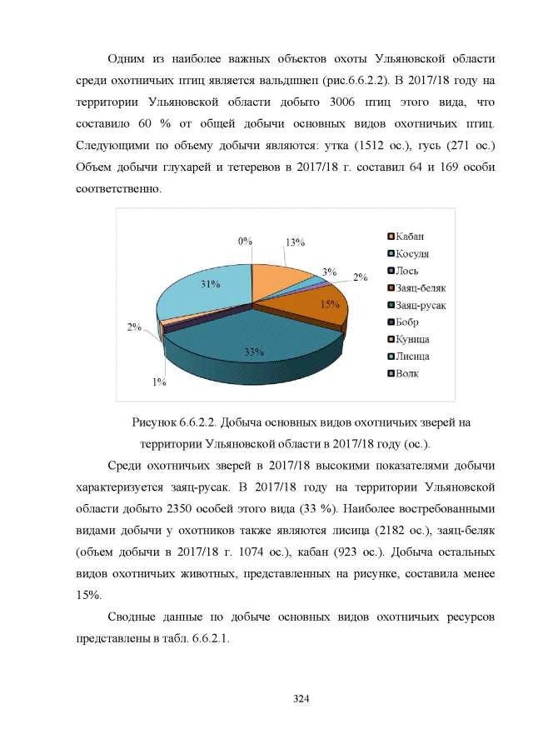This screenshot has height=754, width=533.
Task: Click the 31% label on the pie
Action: pyautogui.click(x=210, y=284)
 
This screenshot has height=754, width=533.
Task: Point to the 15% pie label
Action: pyautogui.click(x=331, y=304)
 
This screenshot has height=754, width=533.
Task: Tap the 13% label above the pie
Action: pyautogui.click(x=295, y=242)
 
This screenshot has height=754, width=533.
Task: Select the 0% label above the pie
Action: pyautogui.click(x=245, y=241)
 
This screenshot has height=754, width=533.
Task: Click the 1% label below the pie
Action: pyautogui.click(x=158, y=382)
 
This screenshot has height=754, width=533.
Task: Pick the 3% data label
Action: pyautogui.click(x=329, y=272)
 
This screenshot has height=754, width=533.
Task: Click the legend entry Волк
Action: pyautogui.click(x=408, y=373)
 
